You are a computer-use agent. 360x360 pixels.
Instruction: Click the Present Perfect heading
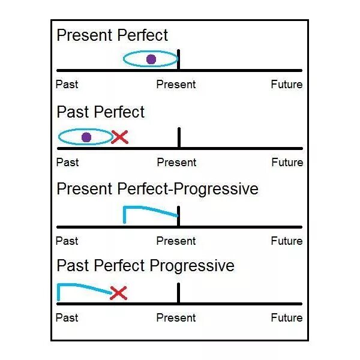(x=112, y=35)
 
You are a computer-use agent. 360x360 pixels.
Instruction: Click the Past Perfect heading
(x=100, y=112)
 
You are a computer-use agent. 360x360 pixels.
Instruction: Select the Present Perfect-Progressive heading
(x=157, y=189)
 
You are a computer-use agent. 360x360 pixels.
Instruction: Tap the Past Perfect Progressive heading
(x=145, y=266)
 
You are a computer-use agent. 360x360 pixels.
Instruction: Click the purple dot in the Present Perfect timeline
(x=151, y=59)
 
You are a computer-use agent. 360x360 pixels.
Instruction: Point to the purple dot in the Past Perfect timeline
(x=86, y=137)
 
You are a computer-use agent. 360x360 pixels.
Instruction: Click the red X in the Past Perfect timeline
(x=120, y=137)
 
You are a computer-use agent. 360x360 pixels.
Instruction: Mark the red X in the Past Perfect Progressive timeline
(x=119, y=293)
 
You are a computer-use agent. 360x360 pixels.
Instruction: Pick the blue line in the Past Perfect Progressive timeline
(x=84, y=286)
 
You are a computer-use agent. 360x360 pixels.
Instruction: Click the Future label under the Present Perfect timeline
(x=286, y=85)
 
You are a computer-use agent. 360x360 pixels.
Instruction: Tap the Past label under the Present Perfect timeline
(x=67, y=85)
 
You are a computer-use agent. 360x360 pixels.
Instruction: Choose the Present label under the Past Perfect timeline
(x=176, y=163)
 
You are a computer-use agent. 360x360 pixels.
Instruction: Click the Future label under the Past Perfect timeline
(x=287, y=163)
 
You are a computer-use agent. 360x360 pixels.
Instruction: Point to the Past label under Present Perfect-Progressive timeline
(x=67, y=241)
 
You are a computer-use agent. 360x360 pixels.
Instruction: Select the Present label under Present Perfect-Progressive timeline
(x=176, y=241)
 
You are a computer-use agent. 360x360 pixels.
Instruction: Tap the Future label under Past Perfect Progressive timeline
(x=286, y=317)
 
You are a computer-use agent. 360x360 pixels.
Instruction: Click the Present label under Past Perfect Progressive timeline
(x=176, y=317)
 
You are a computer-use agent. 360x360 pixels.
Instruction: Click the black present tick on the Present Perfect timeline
(x=179, y=60)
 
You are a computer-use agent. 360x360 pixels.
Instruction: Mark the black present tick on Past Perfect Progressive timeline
(x=179, y=293)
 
